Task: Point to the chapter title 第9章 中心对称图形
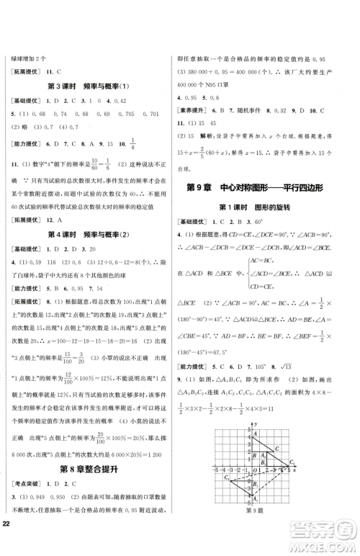[x=264, y=189]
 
